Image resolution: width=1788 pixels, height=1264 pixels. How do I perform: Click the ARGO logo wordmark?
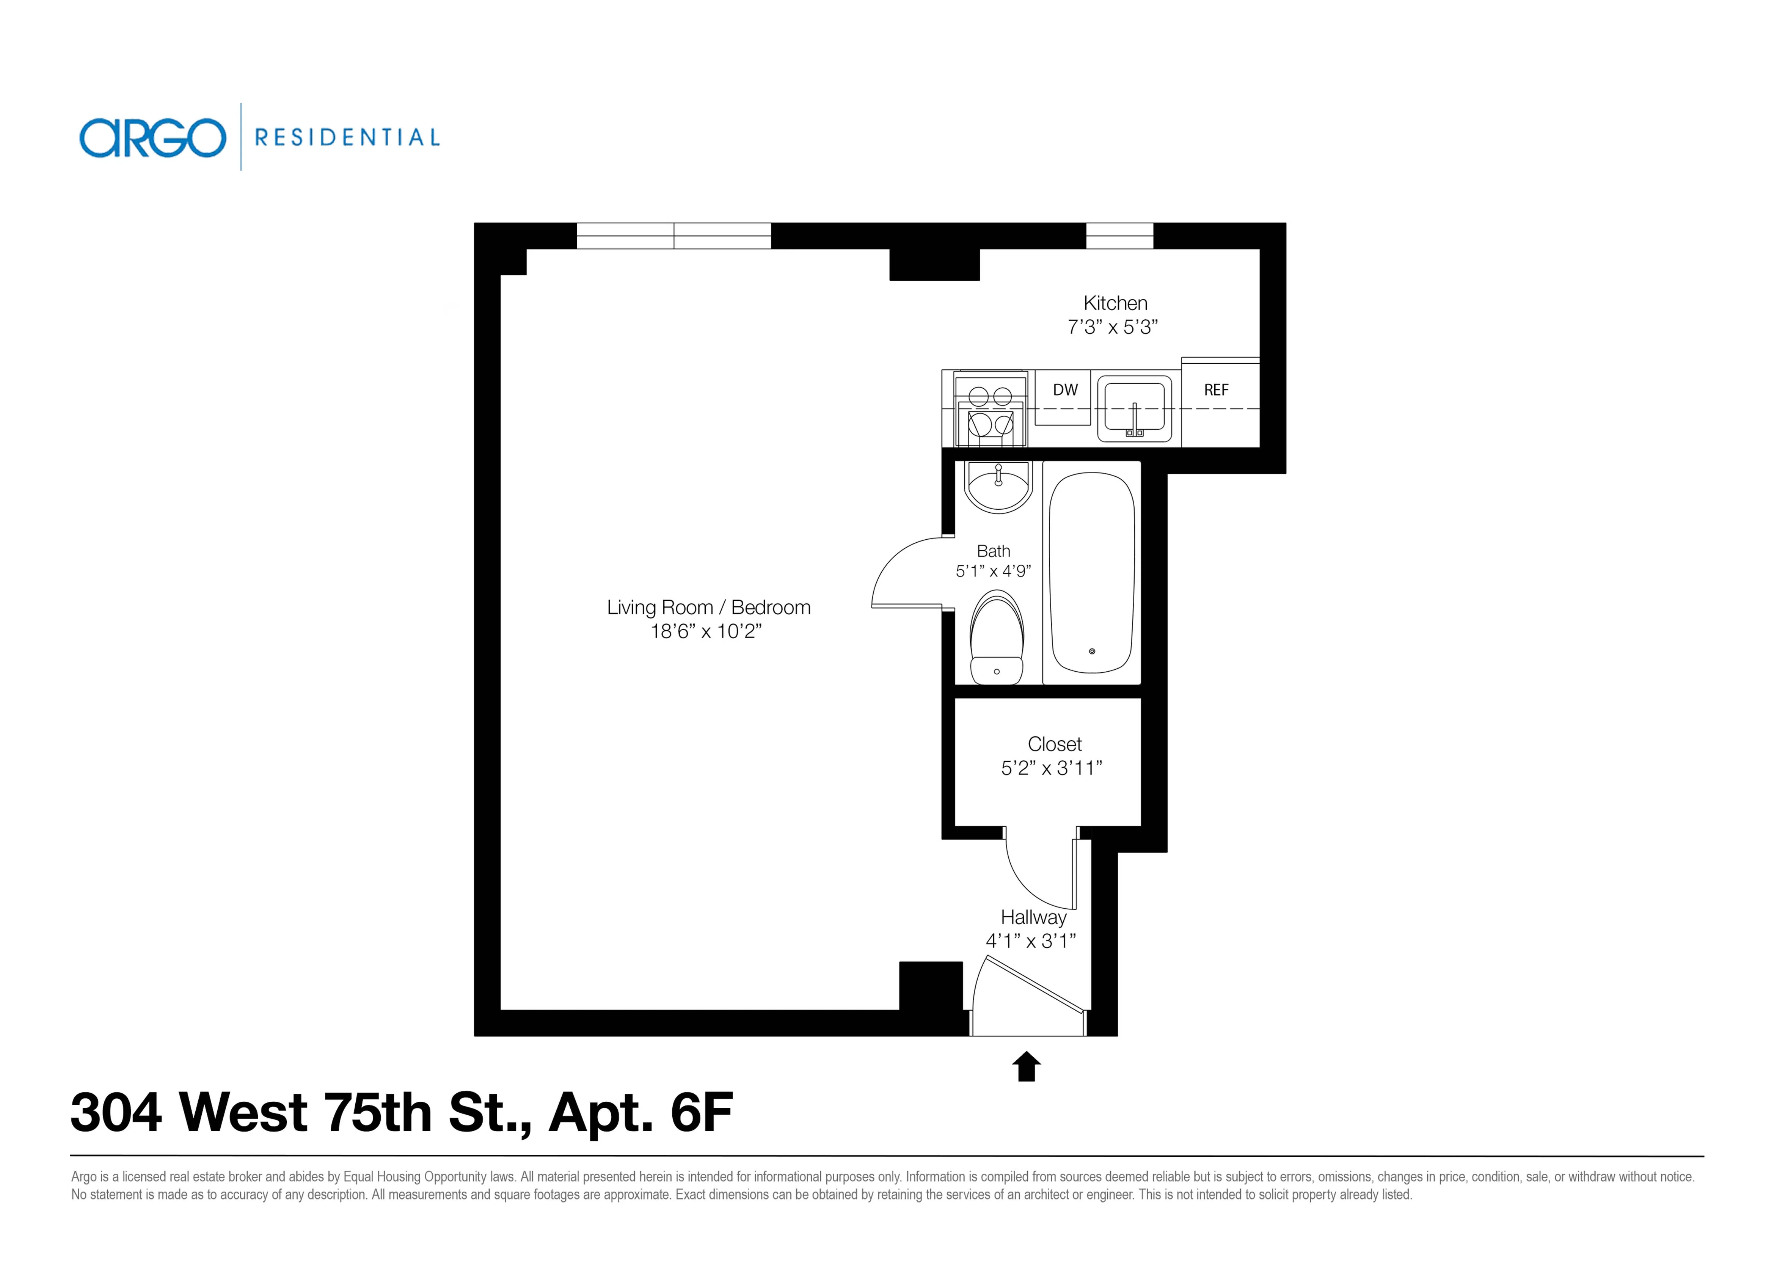(152, 138)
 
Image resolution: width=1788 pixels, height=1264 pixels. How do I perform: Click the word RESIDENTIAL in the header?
(347, 138)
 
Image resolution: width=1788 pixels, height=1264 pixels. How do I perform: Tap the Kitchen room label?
(1115, 303)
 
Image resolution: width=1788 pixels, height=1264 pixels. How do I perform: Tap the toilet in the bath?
(997, 637)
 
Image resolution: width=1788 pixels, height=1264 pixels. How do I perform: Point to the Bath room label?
(993, 551)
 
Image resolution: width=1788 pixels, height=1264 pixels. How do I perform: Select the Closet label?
(1055, 744)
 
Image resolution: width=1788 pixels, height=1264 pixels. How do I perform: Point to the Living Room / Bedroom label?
(709, 608)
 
